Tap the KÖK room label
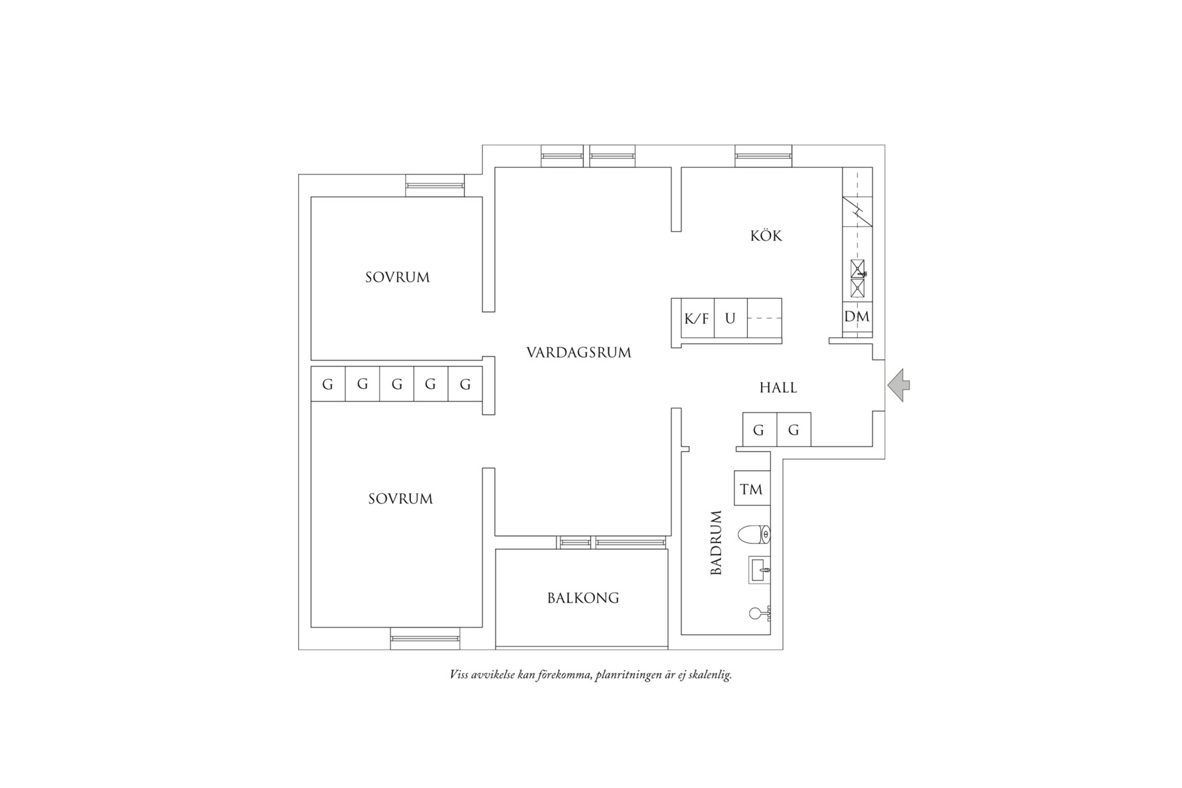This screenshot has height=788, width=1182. (x=766, y=236)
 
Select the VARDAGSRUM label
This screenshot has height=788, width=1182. (x=578, y=353)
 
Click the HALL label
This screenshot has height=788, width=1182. (x=778, y=388)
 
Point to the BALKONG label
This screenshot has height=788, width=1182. (x=583, y=598)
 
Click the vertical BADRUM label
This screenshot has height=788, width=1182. (x=716, y=542)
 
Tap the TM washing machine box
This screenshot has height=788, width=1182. (x=752, y=489)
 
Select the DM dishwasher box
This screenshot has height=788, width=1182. (x=857, y=317)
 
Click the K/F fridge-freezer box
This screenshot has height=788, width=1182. (x=697, y=319)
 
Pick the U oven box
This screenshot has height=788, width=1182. (x=730, y=319)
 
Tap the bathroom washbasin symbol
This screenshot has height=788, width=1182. (x=760, y=570)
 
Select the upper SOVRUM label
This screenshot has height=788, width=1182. (x=397, y=277)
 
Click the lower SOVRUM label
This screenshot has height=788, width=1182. (x=400, y=499)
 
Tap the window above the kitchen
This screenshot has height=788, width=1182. (x=763, y=156)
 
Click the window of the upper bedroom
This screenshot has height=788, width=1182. (x=435, y=185)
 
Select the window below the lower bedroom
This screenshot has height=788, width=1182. (x=425, y=638)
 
